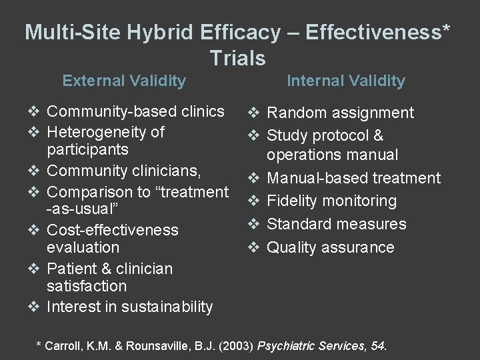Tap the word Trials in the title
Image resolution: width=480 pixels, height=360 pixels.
pos(237,58)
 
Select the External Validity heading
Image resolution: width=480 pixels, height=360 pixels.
pos(124,81)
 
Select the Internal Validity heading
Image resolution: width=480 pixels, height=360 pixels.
pos(345,81)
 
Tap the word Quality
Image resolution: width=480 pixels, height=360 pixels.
pos(292,247)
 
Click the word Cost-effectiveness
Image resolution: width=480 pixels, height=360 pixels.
pos(113,230)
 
